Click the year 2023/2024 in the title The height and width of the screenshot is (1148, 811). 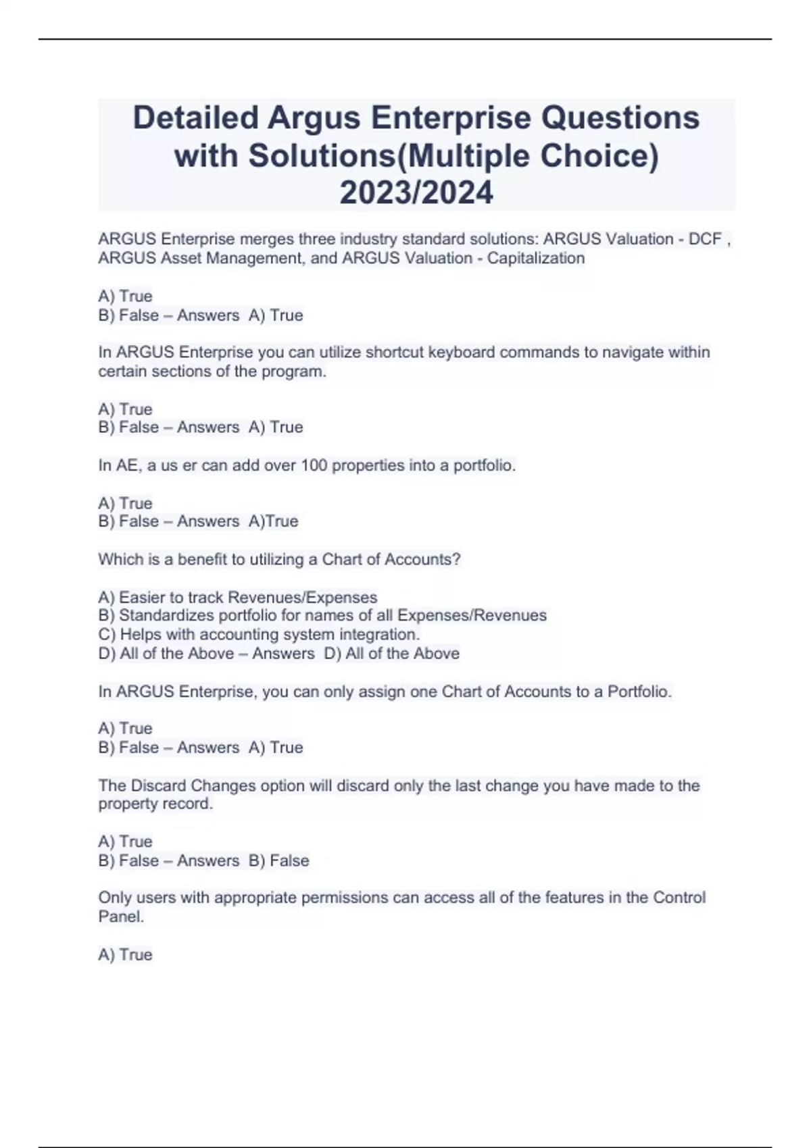click(416, 193)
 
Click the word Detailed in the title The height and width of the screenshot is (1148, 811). click(196, 118)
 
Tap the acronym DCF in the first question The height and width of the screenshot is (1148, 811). click(705, 239)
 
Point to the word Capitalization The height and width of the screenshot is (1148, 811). click(535, 258)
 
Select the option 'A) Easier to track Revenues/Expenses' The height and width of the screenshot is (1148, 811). click(237, 597)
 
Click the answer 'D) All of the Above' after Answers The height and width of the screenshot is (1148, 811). click(392, 653)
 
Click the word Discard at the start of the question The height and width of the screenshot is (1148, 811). click(158, 785)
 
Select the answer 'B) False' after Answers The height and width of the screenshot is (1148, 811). click(278, 860)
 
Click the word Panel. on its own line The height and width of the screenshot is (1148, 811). click(121, 916)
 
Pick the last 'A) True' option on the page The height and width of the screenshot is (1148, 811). click(125, 954)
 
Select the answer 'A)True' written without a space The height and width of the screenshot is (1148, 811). click(274, 521)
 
